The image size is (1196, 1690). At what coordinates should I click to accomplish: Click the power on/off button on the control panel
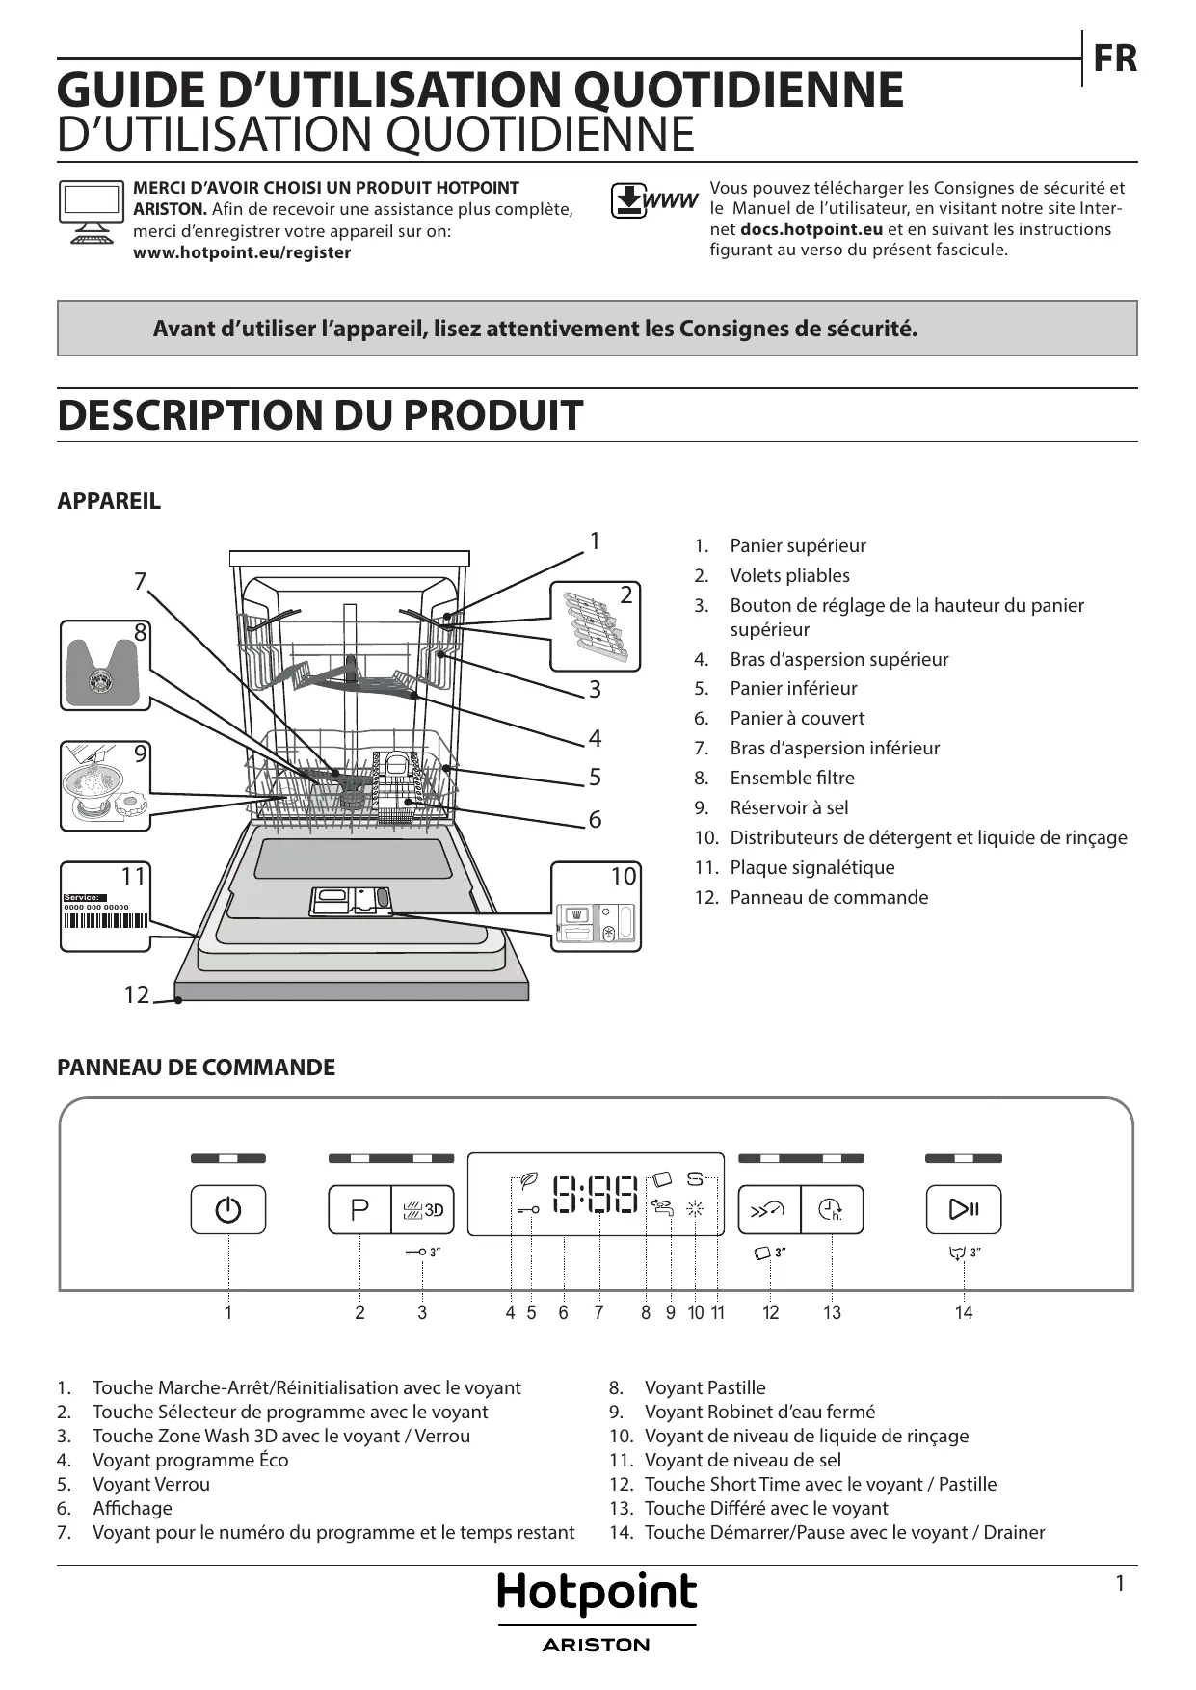pyautogui.click(x=228, y=1209)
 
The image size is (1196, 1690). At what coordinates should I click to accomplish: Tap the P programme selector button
pyautogui.click(x=359, y=1209)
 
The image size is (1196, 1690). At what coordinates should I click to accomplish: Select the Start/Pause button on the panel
pyautogui.click(x=964, y=1209)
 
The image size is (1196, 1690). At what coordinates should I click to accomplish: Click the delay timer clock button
pyautogui.click(x=832, y=1209)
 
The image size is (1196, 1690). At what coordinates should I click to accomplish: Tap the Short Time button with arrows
pyautogui.click(x=769, y=1209)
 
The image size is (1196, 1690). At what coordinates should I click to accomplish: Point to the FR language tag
pyautogui.click(x=1115, y=59)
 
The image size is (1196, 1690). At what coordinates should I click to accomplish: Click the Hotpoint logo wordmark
pyautogui.click(x=597, y=1595)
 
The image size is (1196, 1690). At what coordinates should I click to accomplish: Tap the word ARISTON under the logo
pyautogui.click(x=597, y=1645)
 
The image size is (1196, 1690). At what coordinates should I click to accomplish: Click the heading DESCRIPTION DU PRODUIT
pyautogui.click(x=320, y=415)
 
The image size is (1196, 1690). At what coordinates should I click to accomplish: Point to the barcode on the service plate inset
pyautogui.click(x=105, y=919)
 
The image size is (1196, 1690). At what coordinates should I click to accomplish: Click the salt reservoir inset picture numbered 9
pyautogui.click(x=105, y=785)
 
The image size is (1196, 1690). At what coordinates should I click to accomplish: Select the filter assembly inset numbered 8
pyautogui.click(x=105, y=666)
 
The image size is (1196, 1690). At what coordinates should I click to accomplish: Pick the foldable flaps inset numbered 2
pyautogui.click(x=596, y=626)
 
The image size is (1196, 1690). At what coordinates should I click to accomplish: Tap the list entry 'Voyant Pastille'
pyautogui.click(x=704, y=1387)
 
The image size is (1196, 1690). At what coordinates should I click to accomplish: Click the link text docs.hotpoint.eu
pyautogui.click(x=811, y=229)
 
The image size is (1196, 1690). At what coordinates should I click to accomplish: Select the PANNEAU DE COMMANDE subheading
pyautogui.click(x=197, y=1068)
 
